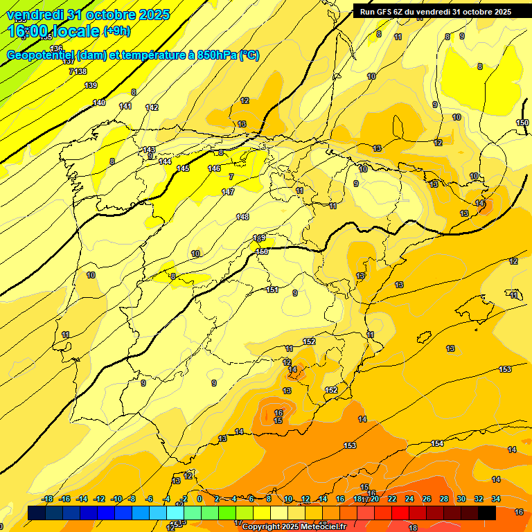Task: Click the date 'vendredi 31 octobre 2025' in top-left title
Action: point(87,15)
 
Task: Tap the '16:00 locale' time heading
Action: point(54,31)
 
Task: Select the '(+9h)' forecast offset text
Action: point(116,31)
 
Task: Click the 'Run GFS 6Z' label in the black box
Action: point(383,12)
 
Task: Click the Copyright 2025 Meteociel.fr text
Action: point(294,526)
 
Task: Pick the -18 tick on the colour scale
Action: point(48,499)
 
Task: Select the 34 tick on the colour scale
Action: point(496,499)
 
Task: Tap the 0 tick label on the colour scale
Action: point(199,499)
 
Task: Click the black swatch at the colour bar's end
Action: point(487,513)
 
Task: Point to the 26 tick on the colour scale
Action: point(427,499)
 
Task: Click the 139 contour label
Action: point(91,85)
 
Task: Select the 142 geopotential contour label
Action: point(152,107)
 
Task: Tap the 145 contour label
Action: point(183,168)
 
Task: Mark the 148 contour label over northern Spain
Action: point(242,217)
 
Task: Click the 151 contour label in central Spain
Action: point(272,290)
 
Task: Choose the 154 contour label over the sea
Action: point(437,443)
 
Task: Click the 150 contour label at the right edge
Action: point(522,123)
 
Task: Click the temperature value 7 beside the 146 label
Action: point(231,177)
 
